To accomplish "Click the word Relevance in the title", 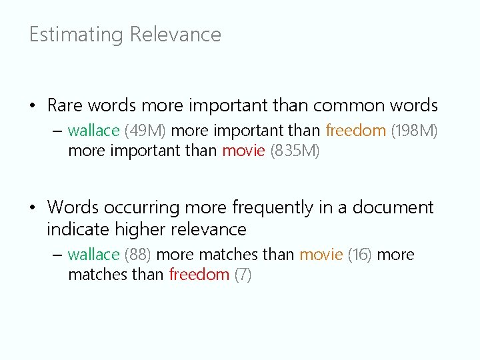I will (175, 35).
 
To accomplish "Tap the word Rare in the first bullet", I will (65, 105).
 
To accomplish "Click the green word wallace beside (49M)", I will (93, 130).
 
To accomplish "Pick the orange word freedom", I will (356, 130).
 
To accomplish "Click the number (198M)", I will (414, 130).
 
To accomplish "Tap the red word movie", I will (243, 151).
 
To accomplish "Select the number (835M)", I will (295, 151).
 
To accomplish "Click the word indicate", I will (78, 229).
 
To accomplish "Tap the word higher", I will (141, 229).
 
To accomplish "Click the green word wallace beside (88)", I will (93, 255).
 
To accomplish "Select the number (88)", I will (138, 255).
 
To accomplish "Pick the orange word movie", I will (321, 255).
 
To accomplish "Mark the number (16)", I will (360, 255).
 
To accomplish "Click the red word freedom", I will (199, 275).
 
